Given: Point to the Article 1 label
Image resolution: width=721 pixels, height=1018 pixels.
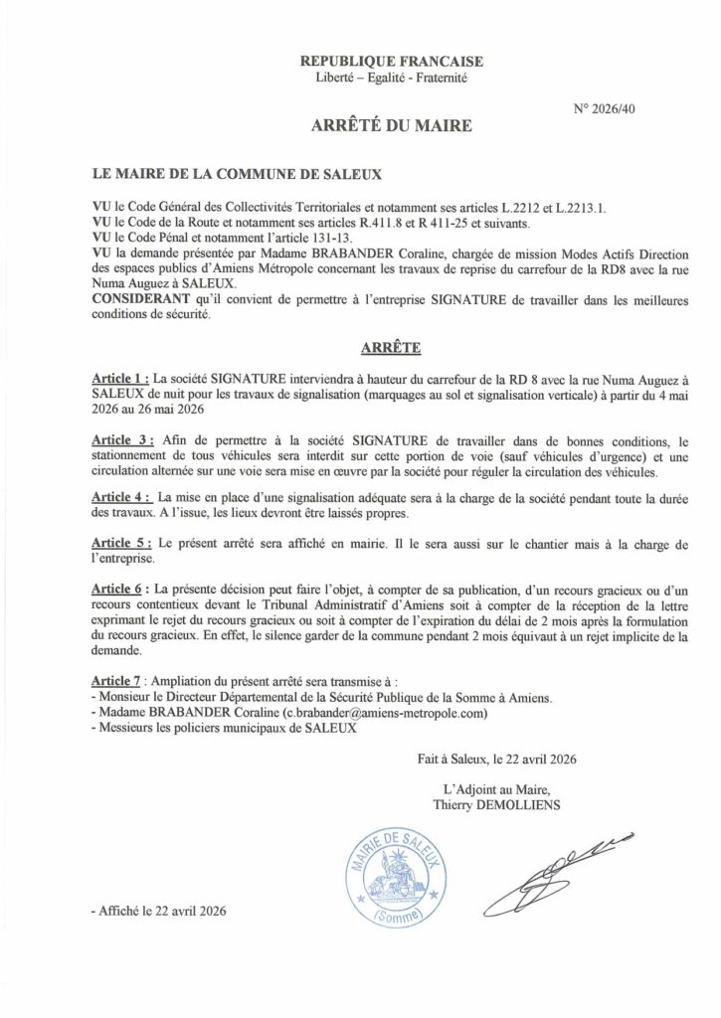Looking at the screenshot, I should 119,379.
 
